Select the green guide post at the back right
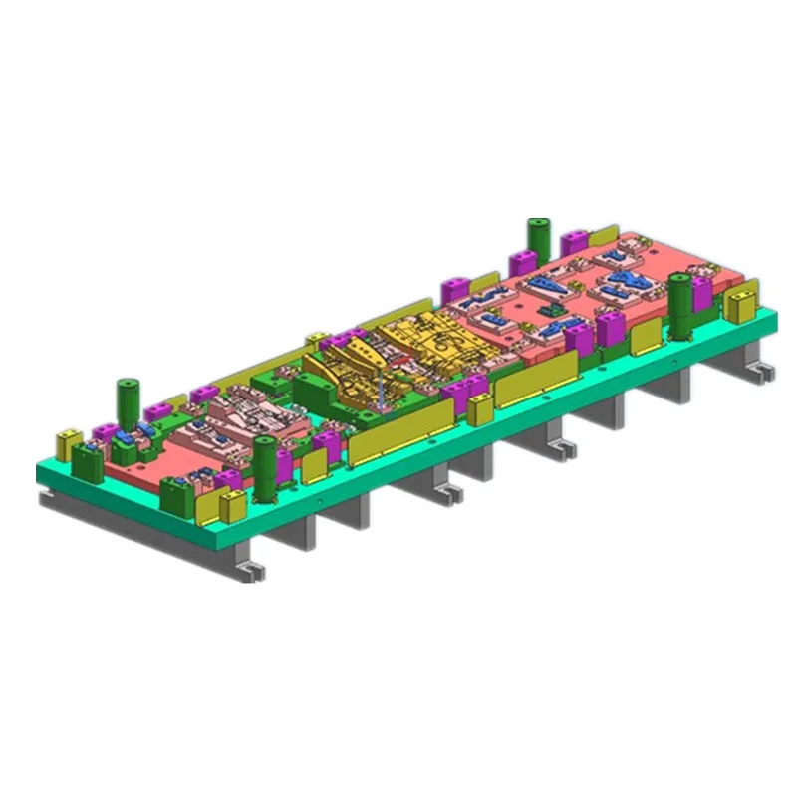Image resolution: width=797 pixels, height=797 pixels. point(539,239)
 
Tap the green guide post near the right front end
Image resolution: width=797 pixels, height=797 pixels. point(680,303)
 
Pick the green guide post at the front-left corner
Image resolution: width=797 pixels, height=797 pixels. point(264,466)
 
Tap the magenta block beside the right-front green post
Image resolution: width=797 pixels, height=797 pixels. point(702,293)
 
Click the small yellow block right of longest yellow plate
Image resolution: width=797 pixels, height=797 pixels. point(480,408)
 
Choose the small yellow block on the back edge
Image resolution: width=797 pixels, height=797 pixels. point(318,340)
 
